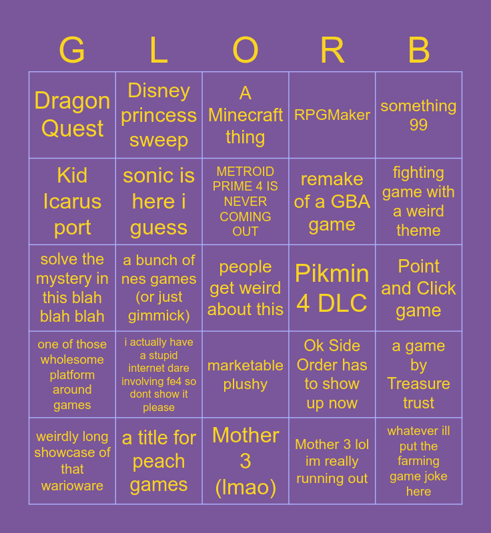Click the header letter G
tap(72, 50)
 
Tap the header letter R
tap(332, 50)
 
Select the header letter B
tap(418, 50)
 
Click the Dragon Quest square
tap(72, 115)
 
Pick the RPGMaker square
tap(332, 115)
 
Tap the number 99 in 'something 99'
tap(418, 125)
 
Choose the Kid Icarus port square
tap(72, 201)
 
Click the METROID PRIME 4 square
tap(246, 201)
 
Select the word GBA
tap(350, 202)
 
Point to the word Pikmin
tap(332, 273)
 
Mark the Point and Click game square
tap(418, 288)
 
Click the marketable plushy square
tap(246, 374)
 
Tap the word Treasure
tap(418, 384)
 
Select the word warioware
tap(72, 486)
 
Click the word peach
tap(159, 462)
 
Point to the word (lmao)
tap(246, 488)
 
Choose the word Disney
tap(159, 91)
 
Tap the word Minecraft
tap(246, 115)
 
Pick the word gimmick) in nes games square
tap(159, 316)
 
